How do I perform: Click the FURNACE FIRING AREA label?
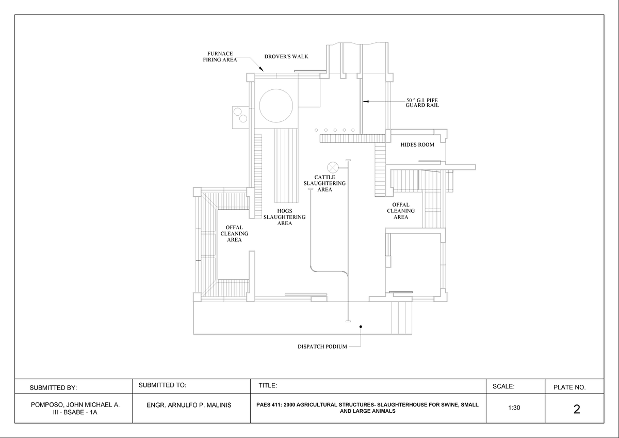coord(220,56)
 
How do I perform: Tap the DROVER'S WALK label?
coord(286,56)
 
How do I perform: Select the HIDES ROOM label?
coord(417,145)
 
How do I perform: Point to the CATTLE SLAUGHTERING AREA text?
coord(324,183)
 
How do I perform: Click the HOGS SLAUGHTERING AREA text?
coord(284,217)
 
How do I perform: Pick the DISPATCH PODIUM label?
coord(322,347)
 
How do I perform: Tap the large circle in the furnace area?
coord(278,104)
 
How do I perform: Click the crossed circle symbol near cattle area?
coord(333,167)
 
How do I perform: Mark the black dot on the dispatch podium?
coord(361,326)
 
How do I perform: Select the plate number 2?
coord(576,410)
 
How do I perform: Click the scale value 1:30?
coord(514,408)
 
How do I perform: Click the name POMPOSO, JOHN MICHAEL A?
coord(75,405)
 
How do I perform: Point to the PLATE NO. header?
coord(569,387)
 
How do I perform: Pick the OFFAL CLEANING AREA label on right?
coord(401,211)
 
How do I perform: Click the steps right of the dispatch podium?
coord(402,318)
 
